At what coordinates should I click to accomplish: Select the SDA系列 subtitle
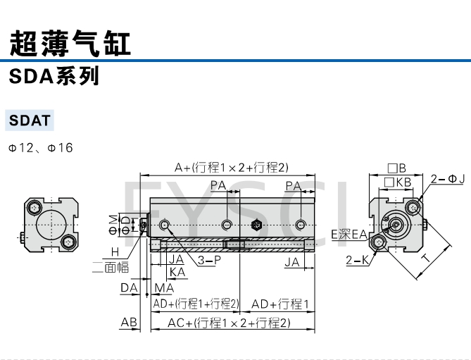[x=54, y=76]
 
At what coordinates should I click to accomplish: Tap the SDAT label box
[x=30, y=120]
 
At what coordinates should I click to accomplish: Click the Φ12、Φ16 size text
[x=40, y=148]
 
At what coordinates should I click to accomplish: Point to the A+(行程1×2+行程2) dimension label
[x=232, y=167]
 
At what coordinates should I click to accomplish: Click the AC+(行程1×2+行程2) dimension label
[x=229, y=323]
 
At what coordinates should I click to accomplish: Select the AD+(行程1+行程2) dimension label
[x=196, y=304]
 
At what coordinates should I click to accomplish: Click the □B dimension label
[x=397, y=168]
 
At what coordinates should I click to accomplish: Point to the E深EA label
[x=349, y=234]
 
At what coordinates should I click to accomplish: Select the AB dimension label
[x=129, y=322]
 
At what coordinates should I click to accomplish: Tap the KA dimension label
[x=177, y=271]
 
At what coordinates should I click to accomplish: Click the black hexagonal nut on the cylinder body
[x=256, y=225]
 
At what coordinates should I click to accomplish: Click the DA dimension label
[x=128, y=287]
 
